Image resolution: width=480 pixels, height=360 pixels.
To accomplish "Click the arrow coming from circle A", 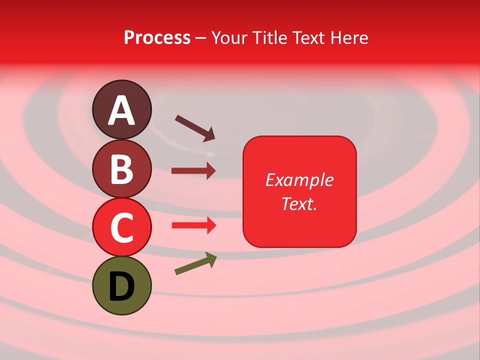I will tap(195, 128).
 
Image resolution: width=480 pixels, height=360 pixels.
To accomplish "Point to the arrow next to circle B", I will tap(193, 171).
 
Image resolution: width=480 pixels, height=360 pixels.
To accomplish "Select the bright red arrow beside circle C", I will tap(193, 225).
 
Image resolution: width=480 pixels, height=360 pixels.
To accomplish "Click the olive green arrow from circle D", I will tap(195, 263).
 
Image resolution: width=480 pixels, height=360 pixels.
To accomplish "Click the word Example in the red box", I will tap(299, 180).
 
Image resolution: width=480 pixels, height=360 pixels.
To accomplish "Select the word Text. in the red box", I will tap(299, 203).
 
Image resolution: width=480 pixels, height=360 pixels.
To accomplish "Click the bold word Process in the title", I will tap(157, 37).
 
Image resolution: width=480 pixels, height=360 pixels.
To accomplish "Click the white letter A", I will tap(121, 110).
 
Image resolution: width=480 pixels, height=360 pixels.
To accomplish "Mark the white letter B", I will tap(121, 169).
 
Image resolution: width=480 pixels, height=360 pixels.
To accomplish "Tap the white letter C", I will tap(121, 227).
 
